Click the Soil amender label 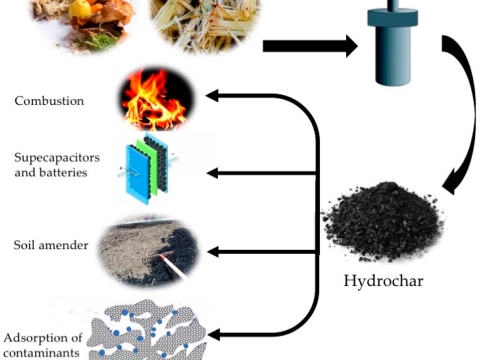(x=52, y=245)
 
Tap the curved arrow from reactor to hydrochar (x=460, y=120)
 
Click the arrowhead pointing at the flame (x=213, y=96)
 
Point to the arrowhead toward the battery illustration (x=213, y=173)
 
